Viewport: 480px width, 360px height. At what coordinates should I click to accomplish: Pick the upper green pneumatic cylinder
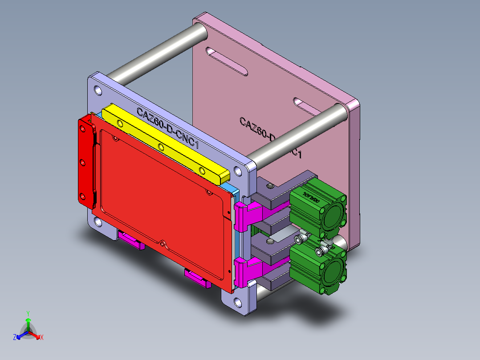(317, 207)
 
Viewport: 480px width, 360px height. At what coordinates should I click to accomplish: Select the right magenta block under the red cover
(197, 278)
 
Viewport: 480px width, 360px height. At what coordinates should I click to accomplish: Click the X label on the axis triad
(41, 337)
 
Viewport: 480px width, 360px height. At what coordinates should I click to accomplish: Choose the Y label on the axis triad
(28, 313)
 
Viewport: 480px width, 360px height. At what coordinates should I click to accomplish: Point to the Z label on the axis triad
(15, 337)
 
